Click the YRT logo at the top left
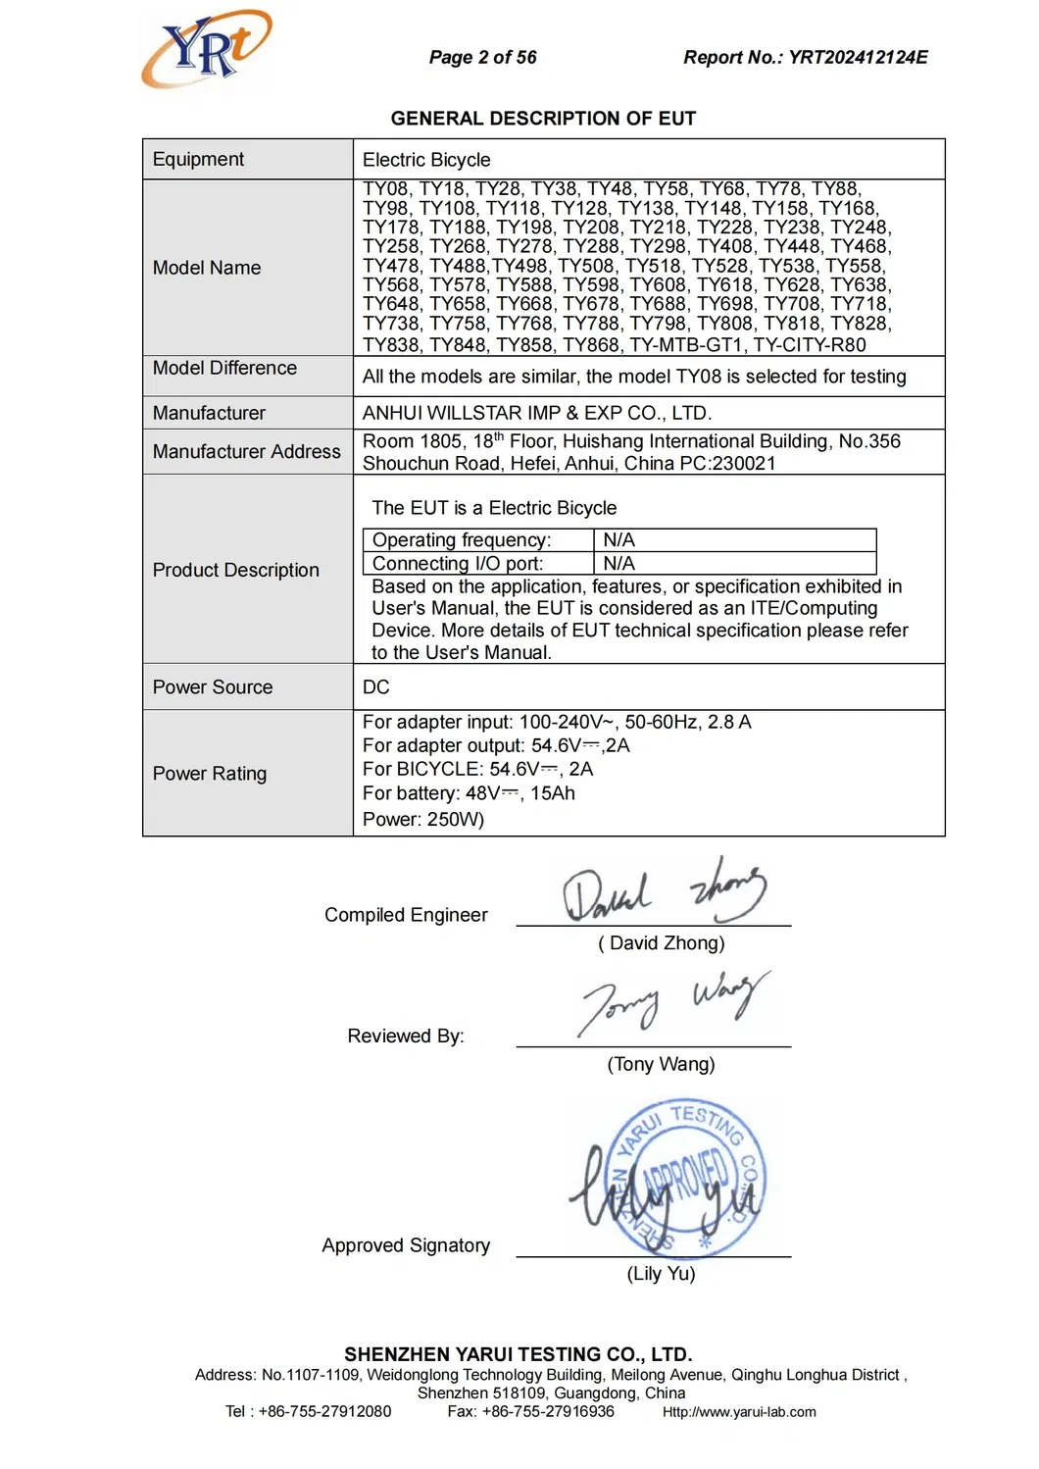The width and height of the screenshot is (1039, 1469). point(207,49)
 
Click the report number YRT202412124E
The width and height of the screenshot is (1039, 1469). point(858,58)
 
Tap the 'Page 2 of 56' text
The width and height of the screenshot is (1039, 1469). point(482,58)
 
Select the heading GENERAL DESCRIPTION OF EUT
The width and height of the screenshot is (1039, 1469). point(543,119)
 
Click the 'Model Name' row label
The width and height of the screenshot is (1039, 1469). point(207,268)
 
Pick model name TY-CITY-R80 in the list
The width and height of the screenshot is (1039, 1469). point(810,345)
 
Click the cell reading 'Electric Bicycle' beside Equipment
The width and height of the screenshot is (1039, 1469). point(426,160)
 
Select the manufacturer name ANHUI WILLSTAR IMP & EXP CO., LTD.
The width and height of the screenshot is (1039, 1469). point(537,413)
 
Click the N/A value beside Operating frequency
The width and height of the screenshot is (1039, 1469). point(618,540)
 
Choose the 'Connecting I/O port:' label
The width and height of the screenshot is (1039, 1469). point(458,564)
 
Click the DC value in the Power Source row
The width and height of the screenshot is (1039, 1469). point(376,687)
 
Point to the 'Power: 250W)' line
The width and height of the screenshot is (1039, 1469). point(423,820)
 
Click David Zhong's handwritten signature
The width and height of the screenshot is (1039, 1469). point(663,890)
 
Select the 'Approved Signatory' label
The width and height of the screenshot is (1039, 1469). point(406,1245)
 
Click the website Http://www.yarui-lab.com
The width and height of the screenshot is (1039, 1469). point(739,1412)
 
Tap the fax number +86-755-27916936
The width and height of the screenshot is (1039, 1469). point(548,1412)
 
